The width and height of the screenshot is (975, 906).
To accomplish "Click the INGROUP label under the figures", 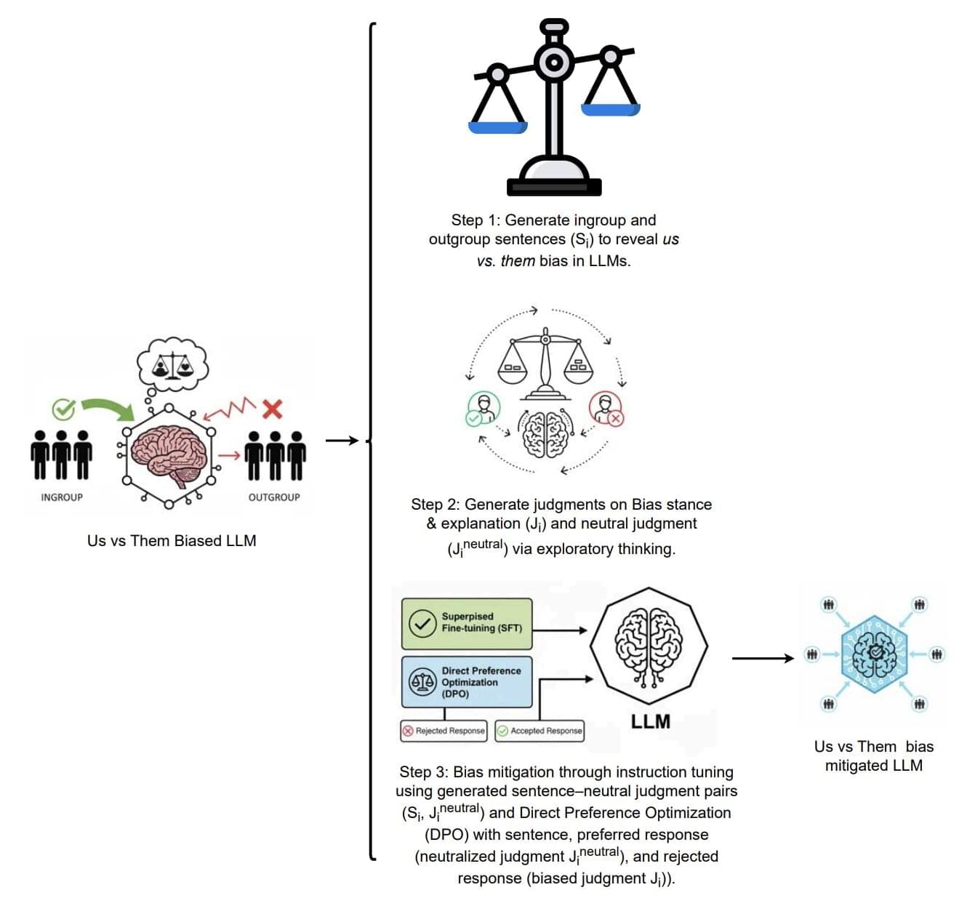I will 62,497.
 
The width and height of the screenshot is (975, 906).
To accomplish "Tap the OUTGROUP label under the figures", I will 274,497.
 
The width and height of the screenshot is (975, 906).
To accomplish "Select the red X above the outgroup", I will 272,409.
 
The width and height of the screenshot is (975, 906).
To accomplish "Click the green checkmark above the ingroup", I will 63,409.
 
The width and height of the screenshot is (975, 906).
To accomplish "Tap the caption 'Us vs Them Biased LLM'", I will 172,541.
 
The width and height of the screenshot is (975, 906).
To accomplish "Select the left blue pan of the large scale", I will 497,127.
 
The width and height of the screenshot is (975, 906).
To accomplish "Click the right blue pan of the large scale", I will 610,110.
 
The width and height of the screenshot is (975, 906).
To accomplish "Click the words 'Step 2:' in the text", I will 435,505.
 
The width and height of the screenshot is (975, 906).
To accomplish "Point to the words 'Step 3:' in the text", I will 423,772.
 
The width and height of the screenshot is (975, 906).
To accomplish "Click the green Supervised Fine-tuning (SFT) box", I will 467,623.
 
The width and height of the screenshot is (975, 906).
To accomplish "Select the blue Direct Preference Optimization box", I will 467,682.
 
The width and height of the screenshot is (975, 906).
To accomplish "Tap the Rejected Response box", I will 444,731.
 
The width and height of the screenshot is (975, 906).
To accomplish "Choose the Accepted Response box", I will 539,731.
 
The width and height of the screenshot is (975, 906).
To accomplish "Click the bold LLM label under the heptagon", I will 650,721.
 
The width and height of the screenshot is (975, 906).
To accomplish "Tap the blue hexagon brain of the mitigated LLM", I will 875,653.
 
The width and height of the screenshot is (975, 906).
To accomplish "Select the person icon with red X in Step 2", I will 605,409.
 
